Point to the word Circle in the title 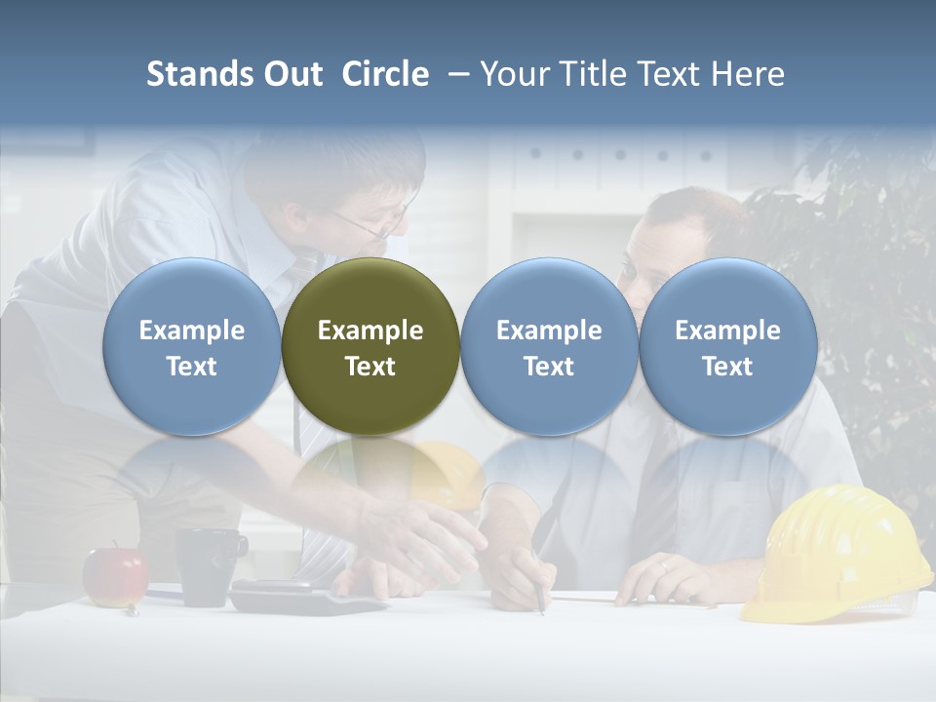pos(385,74)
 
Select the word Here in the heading pos(748,74)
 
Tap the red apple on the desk pos(115,576)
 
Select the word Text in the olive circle pos(370,367)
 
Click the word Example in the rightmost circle pos(727,331)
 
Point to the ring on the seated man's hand pos(663,566)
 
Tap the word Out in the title pos(292,74)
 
